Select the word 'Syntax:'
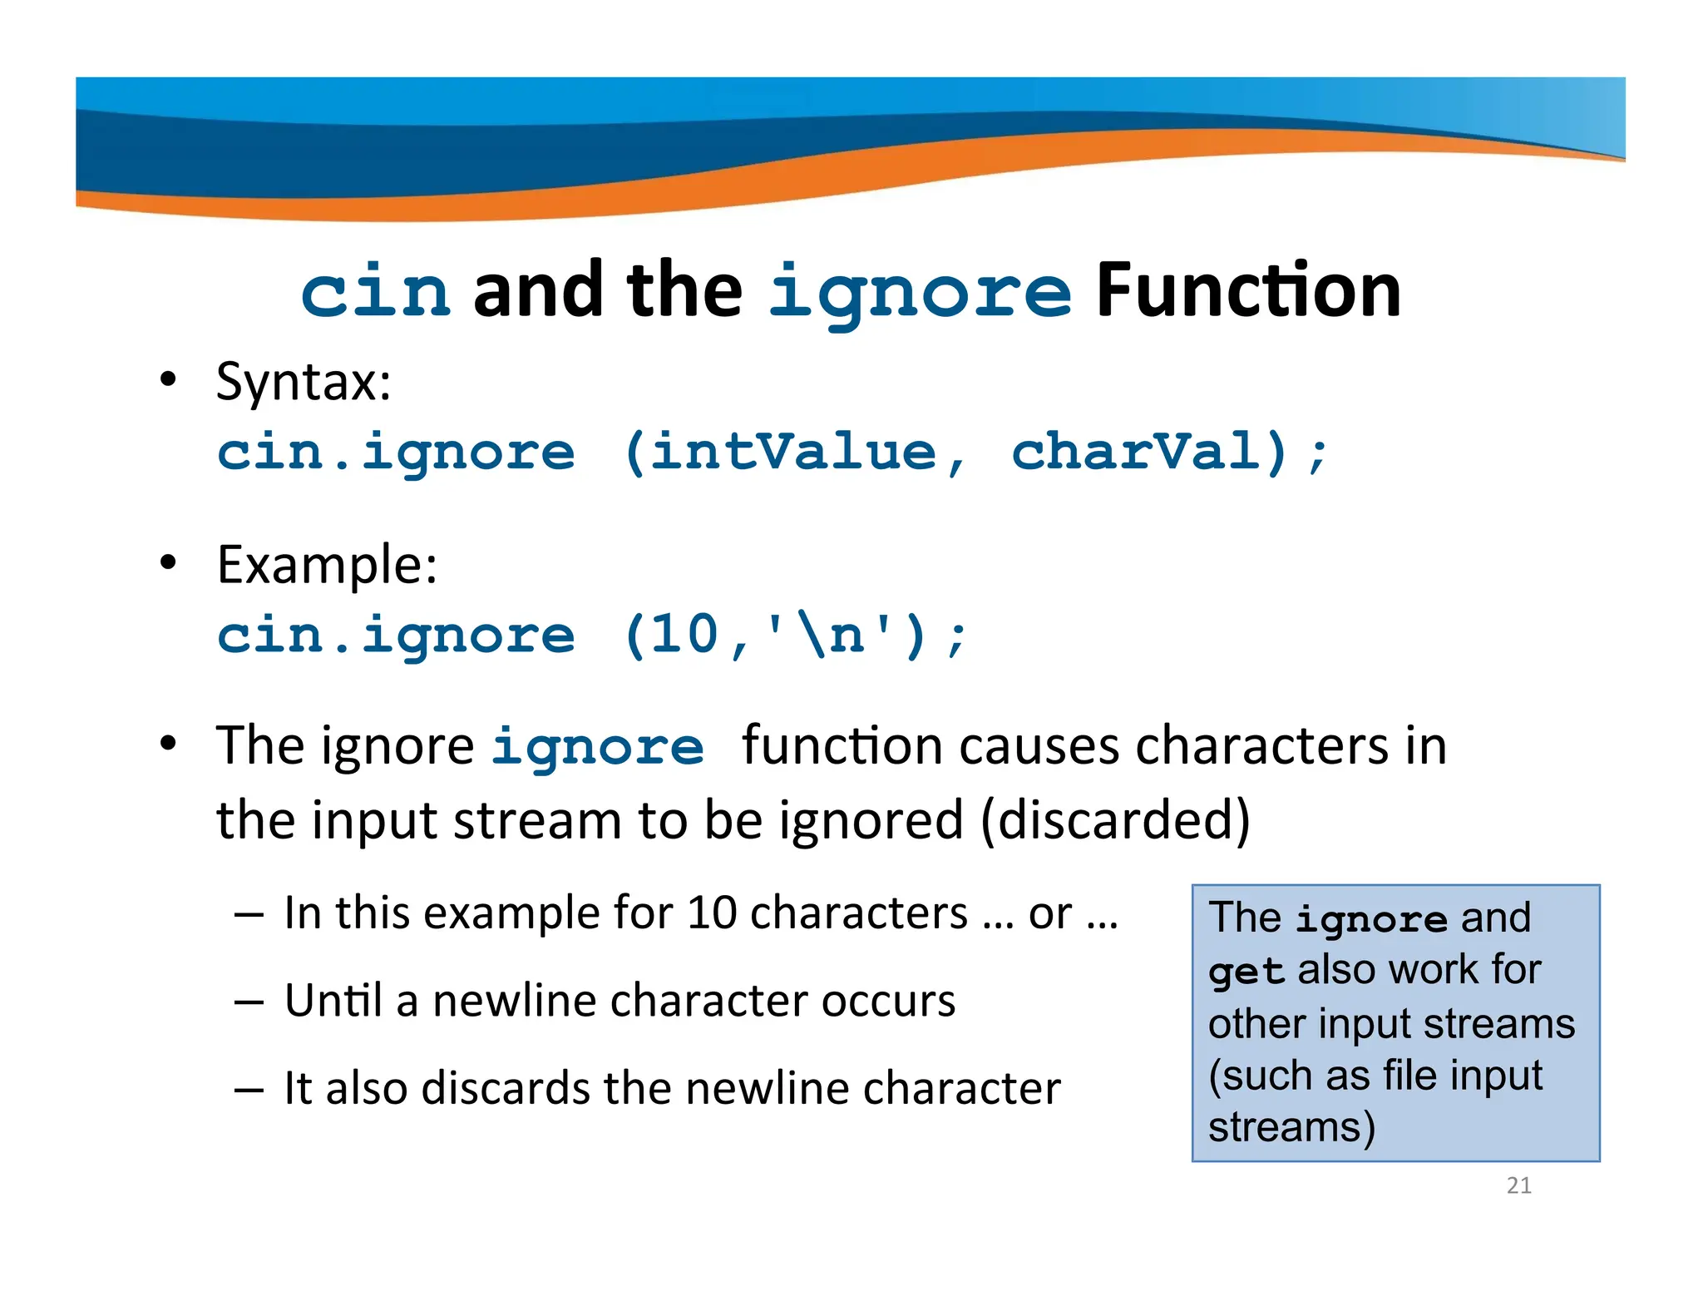(304, 383)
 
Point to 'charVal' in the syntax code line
(1137, 453)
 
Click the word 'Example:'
(327, 566)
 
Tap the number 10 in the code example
(684, 636)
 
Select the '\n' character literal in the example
(829, 636)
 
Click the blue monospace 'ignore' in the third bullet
(597, 747)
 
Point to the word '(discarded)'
(1115, 820)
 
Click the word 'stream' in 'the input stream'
(537, 820)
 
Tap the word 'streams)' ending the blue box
(1291, 1128)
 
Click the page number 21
(1518, 1185)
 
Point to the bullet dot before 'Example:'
(169, 563)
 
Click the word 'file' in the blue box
(1410, 1076)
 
